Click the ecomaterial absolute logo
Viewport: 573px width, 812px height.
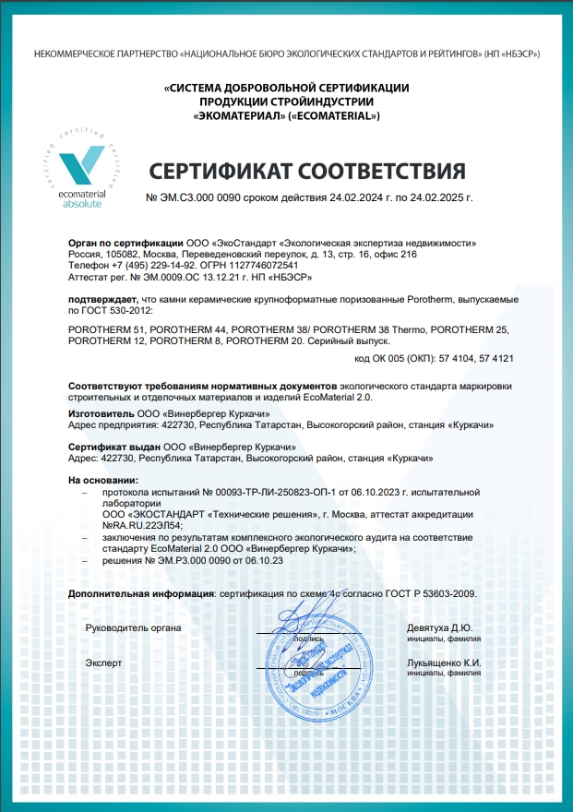coord(82,171)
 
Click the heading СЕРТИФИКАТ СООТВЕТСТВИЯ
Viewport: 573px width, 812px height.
coord(307,172)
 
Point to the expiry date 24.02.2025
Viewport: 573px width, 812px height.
coord(431,198)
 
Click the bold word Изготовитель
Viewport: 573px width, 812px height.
coord(101,415)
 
